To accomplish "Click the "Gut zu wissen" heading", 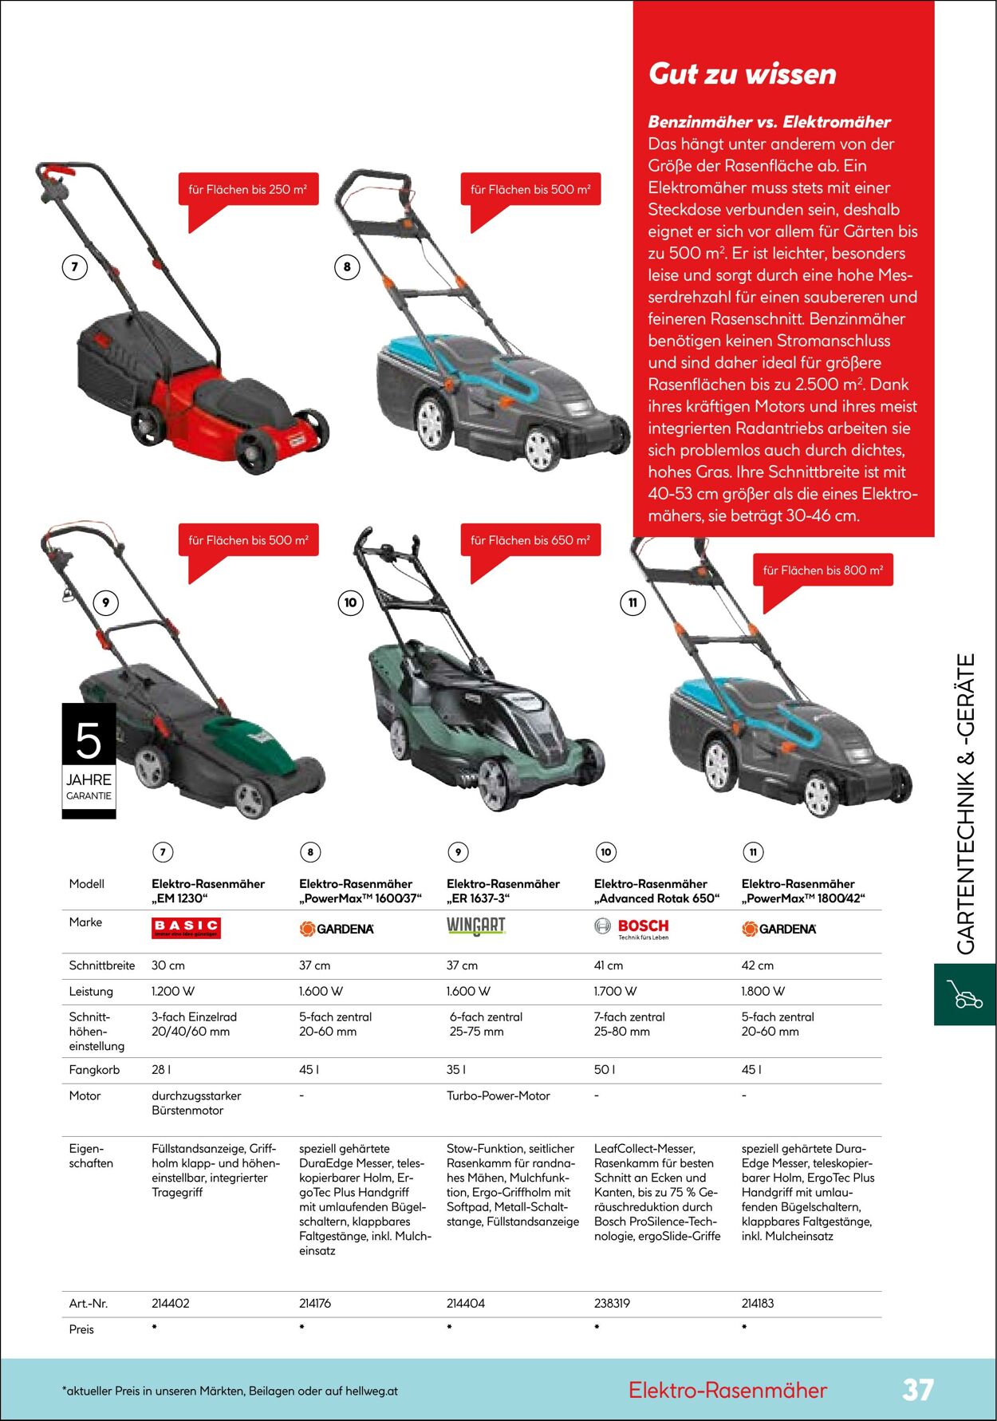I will pos(742,74).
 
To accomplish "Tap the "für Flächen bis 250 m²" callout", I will pos(248,190).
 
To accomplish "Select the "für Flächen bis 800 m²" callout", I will pos(822,570).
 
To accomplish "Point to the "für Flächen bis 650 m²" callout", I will pos(530,540).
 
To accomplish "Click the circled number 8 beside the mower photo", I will pos(347,267).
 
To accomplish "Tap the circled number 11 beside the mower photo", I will pos(632,602).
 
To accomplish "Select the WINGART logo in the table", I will pos(476,926).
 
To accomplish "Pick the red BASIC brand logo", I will pos(186,928).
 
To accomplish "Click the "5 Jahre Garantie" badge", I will pos(89,760).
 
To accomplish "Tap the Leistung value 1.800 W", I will pos(763,992).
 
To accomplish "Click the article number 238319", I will pos(612,1303).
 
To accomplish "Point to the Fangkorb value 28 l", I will pos(161,1070).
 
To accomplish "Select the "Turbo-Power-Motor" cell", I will pos(498,1096).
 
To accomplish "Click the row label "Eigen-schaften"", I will pos(91,1156).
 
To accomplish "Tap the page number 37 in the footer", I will pos(917,1390).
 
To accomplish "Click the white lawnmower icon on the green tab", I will pos(964,994).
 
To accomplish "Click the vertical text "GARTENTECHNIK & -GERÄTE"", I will pos(966,804).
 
